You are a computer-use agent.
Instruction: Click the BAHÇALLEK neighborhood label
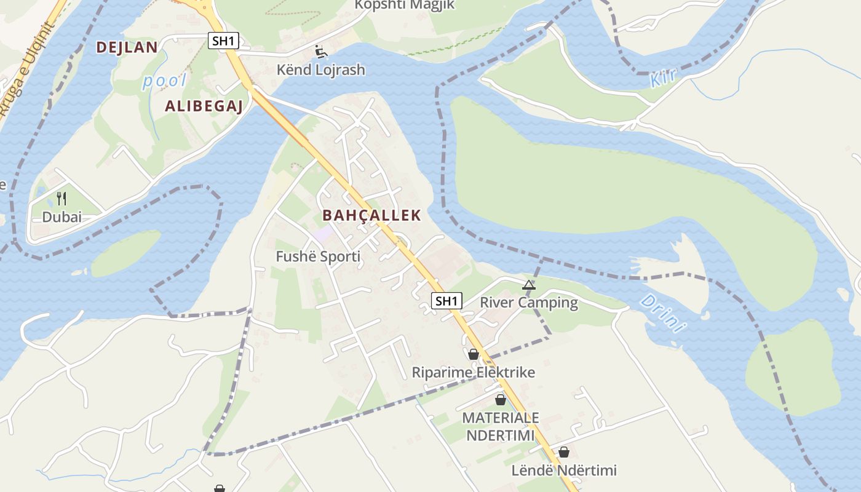(371, 215)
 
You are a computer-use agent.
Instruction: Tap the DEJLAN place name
(127, 47)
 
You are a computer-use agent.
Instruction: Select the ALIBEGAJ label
(204, 106)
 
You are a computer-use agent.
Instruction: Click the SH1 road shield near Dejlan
(223, 41)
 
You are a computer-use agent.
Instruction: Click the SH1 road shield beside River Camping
(446, 301)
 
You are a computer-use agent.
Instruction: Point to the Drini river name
(662, 313)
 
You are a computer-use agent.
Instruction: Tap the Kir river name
(663, 77)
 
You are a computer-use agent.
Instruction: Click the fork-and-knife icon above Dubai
(61, 198)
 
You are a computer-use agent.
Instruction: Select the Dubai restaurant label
(61, 217)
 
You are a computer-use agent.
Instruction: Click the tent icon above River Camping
(528, 285)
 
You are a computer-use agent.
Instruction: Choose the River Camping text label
(528, 303)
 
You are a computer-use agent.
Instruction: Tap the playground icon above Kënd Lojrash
(320, 52)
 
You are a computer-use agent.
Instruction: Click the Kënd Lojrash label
(320, 69)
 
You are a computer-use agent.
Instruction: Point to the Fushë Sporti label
(318, 256)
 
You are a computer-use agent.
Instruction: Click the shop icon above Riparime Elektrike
(473, 354)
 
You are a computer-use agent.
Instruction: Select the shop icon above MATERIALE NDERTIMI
(501, 400)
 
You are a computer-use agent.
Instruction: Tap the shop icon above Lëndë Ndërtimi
(563, 453)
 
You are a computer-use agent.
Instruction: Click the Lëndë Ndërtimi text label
(563, 470)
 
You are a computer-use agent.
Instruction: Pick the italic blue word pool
(164, 81)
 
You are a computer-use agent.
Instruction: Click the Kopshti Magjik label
(404, 5)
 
